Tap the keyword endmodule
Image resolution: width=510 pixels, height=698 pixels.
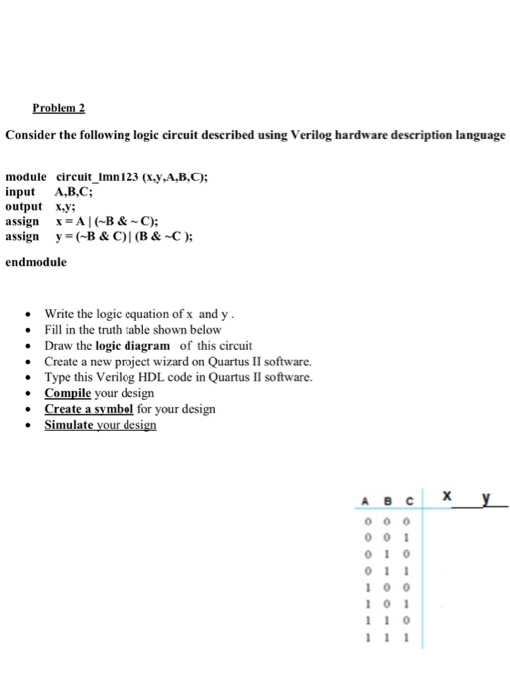(37, 262)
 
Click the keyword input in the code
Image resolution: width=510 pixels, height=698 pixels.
(20, 190)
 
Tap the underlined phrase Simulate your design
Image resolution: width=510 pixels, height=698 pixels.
(100, 425)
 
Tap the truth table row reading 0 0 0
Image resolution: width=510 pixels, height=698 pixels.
(384, 518)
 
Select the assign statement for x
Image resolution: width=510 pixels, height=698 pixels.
(89, 221)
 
